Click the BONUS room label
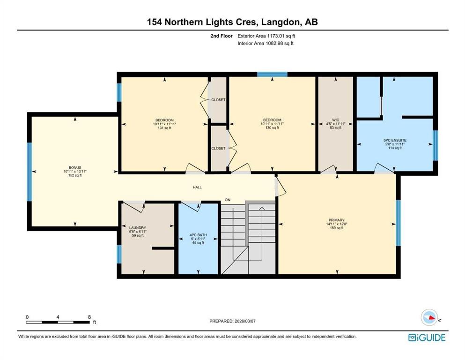tap(75, 167)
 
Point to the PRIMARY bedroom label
tap(336, 220)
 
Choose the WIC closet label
tap(335, 120)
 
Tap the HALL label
tap(197, 187)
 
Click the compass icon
tap(429, 318)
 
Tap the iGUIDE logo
tap(427, 337)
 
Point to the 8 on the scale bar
tap(89, 317)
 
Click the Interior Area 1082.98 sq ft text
tap(266, 44)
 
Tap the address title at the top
tap(232, 22)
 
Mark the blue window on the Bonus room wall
tap(29, 172)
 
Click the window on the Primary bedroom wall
tap(398, 223)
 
